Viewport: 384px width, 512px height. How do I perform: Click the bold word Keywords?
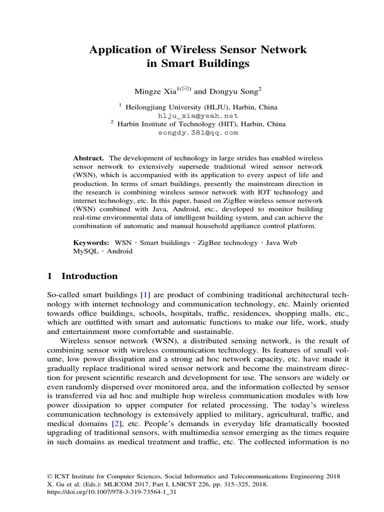pyautogui.click(x=91, y=242)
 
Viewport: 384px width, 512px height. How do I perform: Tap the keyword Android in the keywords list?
pyautogui.click(x=119, y=251)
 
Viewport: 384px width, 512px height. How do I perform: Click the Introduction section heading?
pyautogui.click(x=89, y=276)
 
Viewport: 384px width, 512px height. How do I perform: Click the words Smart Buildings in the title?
pyautogui.click(x=197, y=64)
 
